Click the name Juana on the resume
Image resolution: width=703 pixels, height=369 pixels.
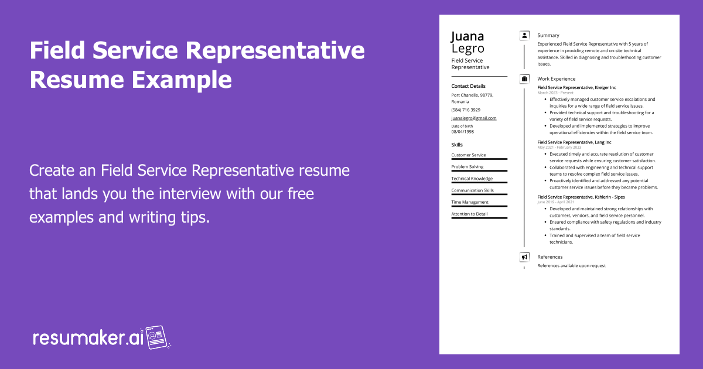click(x=467, y=36)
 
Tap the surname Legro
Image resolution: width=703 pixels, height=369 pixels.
click(x=467, y=49)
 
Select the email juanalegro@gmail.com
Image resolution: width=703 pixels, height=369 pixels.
click(x=474, y=118)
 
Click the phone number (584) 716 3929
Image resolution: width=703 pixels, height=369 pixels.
click(x=466, y=110)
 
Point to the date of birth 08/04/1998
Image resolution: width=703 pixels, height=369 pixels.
click(x=463, y=132)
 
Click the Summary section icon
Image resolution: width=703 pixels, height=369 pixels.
click(x=524, y=36)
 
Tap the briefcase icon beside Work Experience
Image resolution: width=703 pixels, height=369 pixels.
click(x=524, y=78)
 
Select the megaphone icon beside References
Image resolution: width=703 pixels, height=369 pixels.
click(x=524, y=257)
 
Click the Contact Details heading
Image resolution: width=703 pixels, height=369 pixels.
click(x=468, y=86)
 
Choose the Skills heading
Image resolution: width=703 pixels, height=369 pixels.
click(x=457, y=145)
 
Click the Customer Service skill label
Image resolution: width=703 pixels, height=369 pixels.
click(x=469, y=155)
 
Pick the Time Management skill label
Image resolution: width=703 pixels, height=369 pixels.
click(x=470, y=202)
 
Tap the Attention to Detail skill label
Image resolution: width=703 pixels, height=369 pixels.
click(x=469, y=214)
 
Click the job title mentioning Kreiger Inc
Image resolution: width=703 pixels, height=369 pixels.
click(x=576, y=87)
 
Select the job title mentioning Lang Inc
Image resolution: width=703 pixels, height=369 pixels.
click(x=574, y=142)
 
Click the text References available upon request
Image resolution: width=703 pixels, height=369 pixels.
click(x=571, y=266)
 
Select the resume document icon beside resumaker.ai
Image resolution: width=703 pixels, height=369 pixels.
click(x=157, y=337)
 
